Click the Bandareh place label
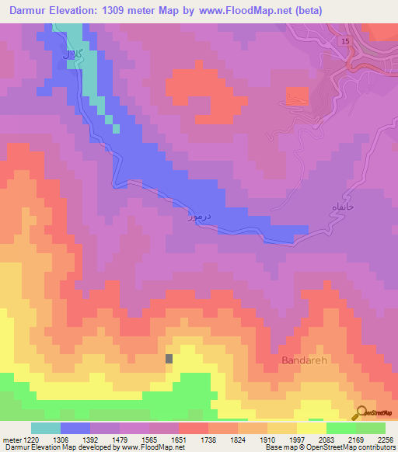click(300, 362)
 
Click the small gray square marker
click(169, 358)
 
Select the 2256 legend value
click(386, 440)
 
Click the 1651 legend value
click(179, 440)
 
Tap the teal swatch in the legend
click(46, 428)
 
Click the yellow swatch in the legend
click(312, 428)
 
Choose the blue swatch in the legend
click(75, 428)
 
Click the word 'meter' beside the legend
click(12, 440)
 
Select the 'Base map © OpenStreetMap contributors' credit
click(329, 448)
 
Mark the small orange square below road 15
click(296, 96)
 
